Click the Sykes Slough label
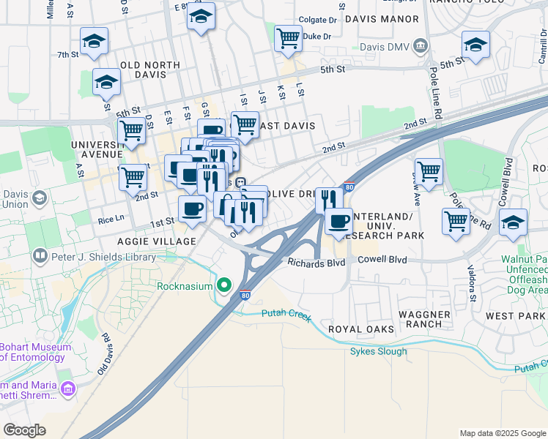pyautogui.click(x=377, y=351)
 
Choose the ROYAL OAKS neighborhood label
pyautogui.click(x=360, y=330)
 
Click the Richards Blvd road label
pyautogui.click(x=316, y=263)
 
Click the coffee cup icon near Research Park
pyautogui.click(x=338, y=222)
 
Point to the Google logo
pyautogui.click(x=24, y=430)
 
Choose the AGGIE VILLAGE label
pyautogui.click(x=156, y=241)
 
